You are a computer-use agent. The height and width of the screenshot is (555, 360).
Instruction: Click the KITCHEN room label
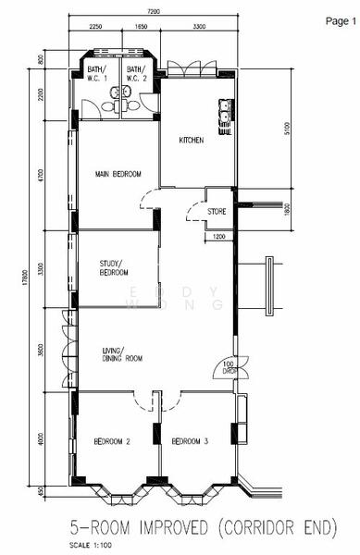pos(192,141)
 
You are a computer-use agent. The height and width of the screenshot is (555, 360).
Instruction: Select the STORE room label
pos(217,212)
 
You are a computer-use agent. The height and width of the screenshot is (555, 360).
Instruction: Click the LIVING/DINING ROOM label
pos(121,353)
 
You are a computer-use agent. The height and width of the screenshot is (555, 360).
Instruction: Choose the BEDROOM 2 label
pos(112,442)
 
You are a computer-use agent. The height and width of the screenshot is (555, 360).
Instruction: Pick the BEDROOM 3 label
pos(191,442)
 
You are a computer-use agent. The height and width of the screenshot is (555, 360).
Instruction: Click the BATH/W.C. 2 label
pos(136,73)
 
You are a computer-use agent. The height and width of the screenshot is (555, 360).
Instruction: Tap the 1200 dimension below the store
pos(218,237)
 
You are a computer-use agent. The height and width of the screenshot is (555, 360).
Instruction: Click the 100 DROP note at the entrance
pos(229,367)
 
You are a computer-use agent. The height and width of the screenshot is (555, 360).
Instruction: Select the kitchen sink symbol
pos(224,116)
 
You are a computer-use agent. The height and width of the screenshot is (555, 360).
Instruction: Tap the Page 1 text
pos(340,20)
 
